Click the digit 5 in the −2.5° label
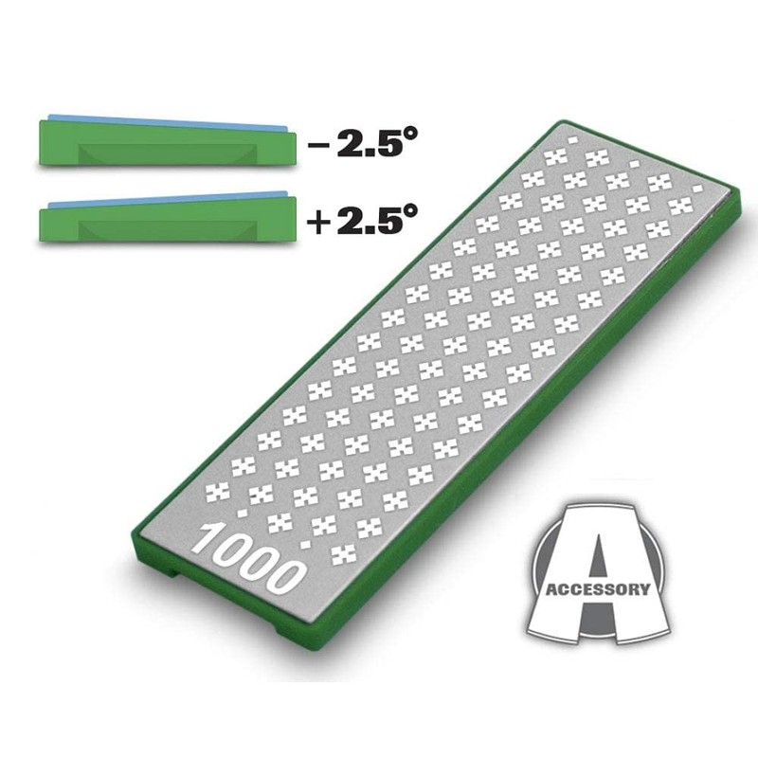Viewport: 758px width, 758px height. pos(383,147)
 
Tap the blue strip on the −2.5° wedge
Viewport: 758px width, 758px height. pos(161,121)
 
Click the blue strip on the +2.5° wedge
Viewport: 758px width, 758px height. pos(161,201)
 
